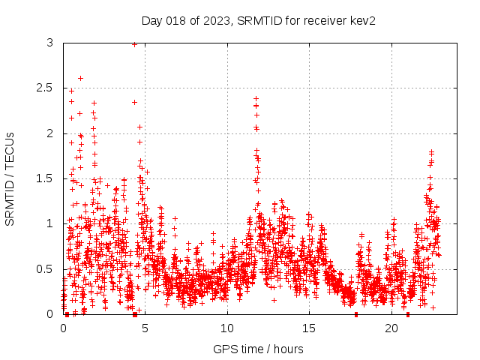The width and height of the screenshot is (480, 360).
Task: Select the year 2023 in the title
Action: [217, 20]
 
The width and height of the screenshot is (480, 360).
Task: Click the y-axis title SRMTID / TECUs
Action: [10, 178]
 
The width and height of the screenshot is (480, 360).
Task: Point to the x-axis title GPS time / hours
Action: [259, 349]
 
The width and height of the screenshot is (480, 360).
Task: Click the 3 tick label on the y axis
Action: [49, 43]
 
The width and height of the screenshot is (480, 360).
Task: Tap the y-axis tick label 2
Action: [49, 133]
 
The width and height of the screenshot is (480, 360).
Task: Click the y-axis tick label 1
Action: [49, 223]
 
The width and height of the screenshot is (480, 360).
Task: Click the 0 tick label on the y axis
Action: [49, 313]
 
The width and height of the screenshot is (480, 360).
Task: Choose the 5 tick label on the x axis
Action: [145, 328]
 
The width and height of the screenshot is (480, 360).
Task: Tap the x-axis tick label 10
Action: [227, 328]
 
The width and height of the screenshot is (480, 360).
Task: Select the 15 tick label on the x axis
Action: [309, 328]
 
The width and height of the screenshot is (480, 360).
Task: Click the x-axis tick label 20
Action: [391, 328]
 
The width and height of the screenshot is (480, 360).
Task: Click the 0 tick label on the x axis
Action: [63, 328]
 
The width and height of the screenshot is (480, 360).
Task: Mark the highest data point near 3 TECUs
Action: [134, 44]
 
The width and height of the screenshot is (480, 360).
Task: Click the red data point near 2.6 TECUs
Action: [80, 78]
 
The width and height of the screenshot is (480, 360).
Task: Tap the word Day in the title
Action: [152, 20]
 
